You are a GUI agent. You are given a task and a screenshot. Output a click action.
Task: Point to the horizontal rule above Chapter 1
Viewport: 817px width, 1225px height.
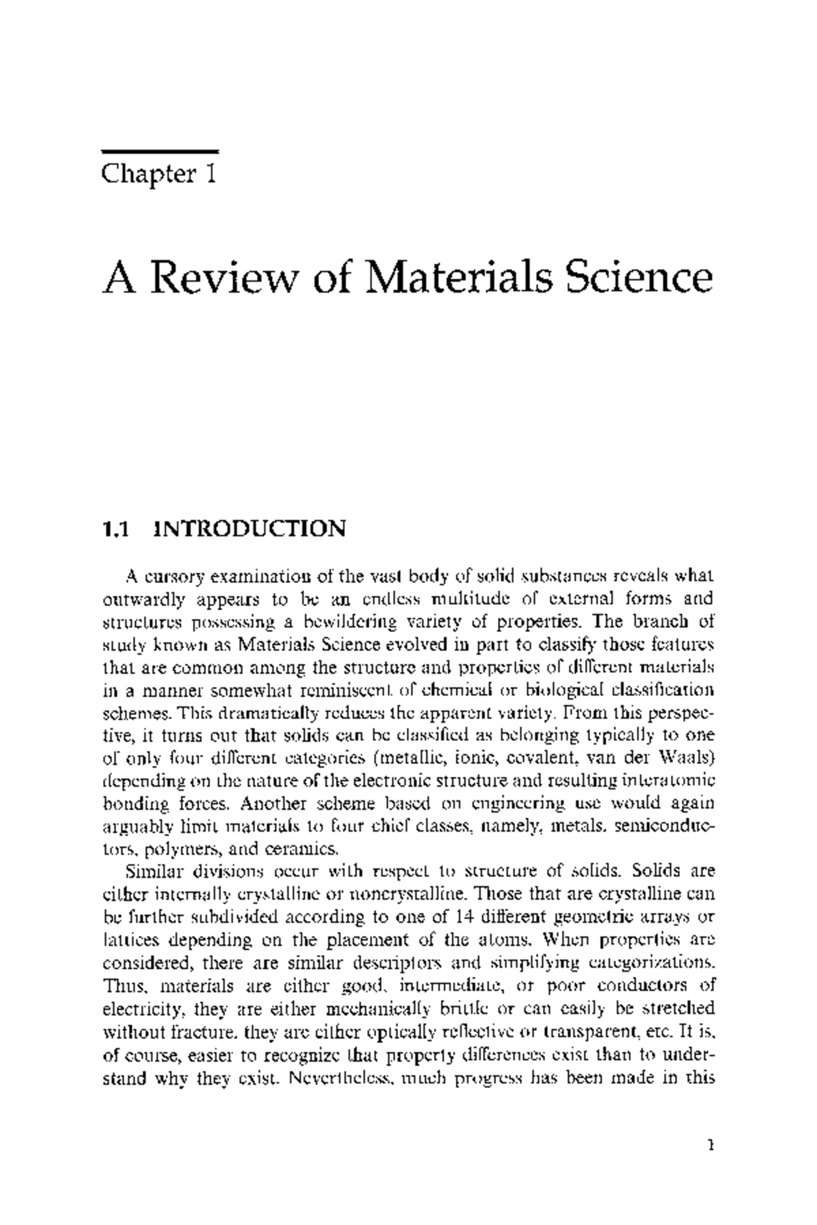click(x=159, y=151)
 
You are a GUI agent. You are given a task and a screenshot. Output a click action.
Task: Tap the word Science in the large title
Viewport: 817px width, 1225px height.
click(x=640, y=278)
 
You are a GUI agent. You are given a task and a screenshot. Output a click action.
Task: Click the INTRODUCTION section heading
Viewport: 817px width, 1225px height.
click(x=250, y=529)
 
